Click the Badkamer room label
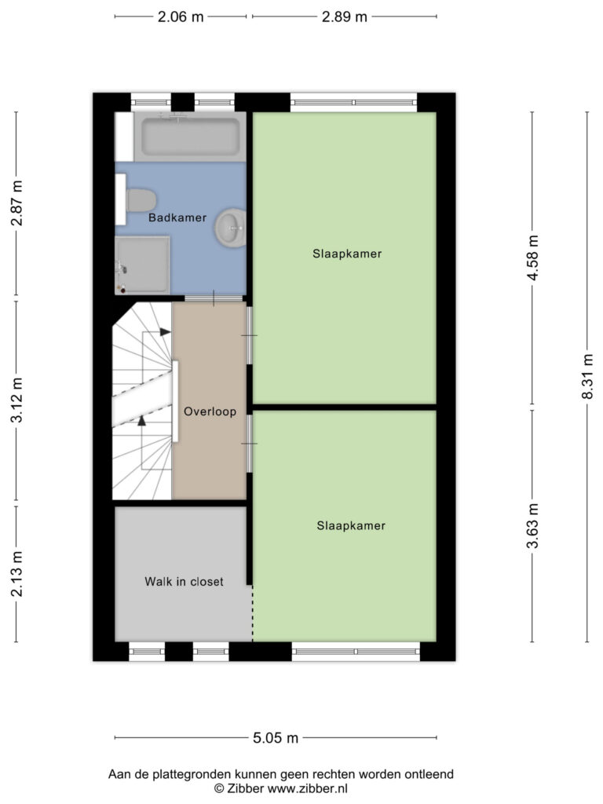177,217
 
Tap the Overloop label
210,411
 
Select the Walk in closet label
184,582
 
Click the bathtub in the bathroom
190,137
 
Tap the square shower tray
142,265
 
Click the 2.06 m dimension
181,17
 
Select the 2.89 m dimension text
345,17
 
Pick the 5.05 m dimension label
276,738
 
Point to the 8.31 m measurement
587,376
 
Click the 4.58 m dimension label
533,258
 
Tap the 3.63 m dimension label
533,525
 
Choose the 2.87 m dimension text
17,203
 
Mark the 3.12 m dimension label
17,400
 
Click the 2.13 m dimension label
17,574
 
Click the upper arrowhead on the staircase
165,332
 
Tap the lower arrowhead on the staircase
141,420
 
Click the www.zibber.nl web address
307,788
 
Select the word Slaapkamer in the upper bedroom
347,254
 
